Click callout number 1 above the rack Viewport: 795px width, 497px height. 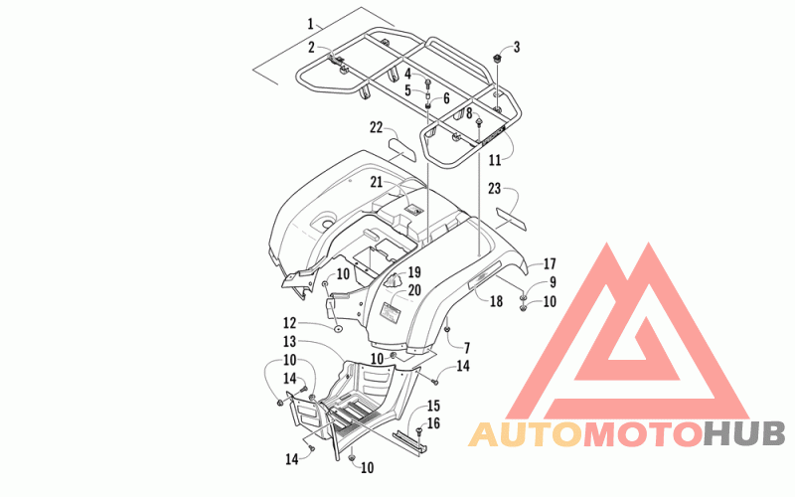tap(310, 24)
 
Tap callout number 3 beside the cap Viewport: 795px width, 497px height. tap(517, 47)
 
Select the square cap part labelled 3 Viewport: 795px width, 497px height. tap(498, 58)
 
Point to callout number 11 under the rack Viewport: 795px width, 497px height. tap(494, 160)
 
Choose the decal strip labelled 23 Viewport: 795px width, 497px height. tap(511, 218)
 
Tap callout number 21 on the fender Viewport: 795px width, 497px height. tap(376, 182)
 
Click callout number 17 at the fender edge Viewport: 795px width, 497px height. tap(550, 263)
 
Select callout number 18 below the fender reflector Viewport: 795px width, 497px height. tap(496, 301)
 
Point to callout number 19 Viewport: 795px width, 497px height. tap(414, 272)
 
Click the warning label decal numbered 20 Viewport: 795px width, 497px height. tap(391, 311)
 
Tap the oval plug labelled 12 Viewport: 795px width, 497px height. tap(337, 329)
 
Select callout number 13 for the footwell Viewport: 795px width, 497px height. tap(289, 341)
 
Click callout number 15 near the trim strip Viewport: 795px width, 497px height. tap(433, 406)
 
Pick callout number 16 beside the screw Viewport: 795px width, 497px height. tap(433, 423)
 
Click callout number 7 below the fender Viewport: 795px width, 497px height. tap(467, 348)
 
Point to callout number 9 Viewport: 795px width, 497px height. tap(553, 282)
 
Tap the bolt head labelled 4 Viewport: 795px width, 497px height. tap(428, 82)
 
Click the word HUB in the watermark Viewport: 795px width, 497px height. tap(744, 434)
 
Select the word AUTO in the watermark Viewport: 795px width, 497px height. tap(526, 434)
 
